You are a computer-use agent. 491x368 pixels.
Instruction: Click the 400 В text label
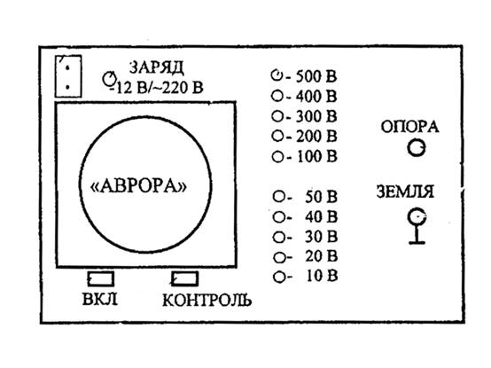tap(316, 96)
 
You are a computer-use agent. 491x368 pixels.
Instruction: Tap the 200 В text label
tap(317, 137)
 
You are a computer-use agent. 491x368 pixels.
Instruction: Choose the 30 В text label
tap(322, 237)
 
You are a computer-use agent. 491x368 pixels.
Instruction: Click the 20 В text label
tap(322, 256)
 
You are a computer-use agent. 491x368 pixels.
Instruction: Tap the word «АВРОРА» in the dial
tap(138, 186)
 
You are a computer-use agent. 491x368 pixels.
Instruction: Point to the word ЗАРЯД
tap(156, 67)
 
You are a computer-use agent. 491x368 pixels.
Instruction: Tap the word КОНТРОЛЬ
tap(207, 300)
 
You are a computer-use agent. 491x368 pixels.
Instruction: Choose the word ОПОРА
tap(409, 127)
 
